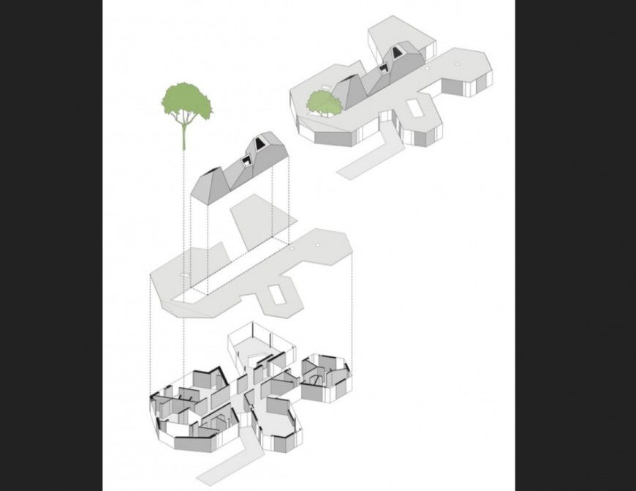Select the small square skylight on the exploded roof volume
(247, 161)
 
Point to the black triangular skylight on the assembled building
(398, 52)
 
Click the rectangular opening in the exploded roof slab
(276, 294)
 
